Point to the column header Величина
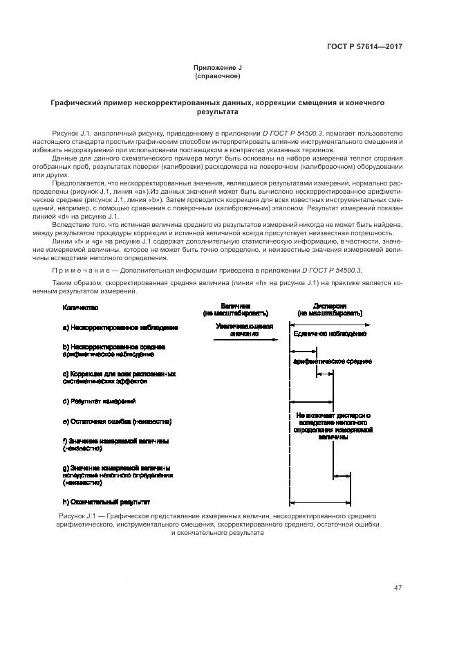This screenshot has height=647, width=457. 235,306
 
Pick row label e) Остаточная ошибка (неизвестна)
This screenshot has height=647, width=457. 117,421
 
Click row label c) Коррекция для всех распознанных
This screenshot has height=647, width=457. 120,374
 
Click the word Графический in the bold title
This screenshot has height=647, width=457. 77,102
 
